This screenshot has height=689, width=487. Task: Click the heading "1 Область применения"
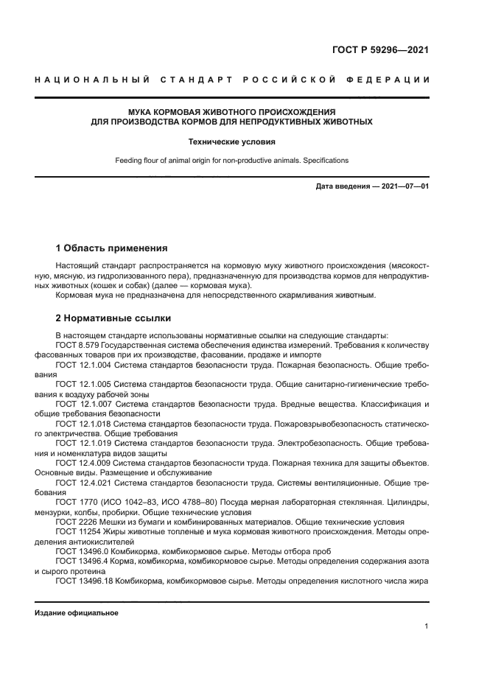coord(112,248)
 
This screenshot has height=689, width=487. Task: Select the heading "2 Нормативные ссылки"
coord(113,318)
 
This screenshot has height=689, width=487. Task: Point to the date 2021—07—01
coord(402,186)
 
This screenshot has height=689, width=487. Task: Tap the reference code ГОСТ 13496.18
coord(84,581)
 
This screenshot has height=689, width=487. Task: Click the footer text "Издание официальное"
coord(77,613)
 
